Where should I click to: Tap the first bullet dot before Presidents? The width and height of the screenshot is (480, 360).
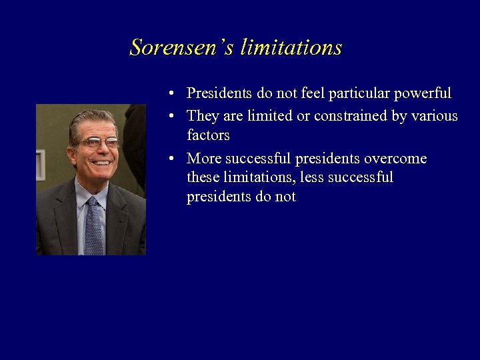coord(172,93)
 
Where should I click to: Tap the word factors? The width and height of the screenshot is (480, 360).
coord(208,135)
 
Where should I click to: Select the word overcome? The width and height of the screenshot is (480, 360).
coord(395,159)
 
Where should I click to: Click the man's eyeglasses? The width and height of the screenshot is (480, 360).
coord(97,143)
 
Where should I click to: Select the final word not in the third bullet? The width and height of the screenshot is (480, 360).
coord(285,197)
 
